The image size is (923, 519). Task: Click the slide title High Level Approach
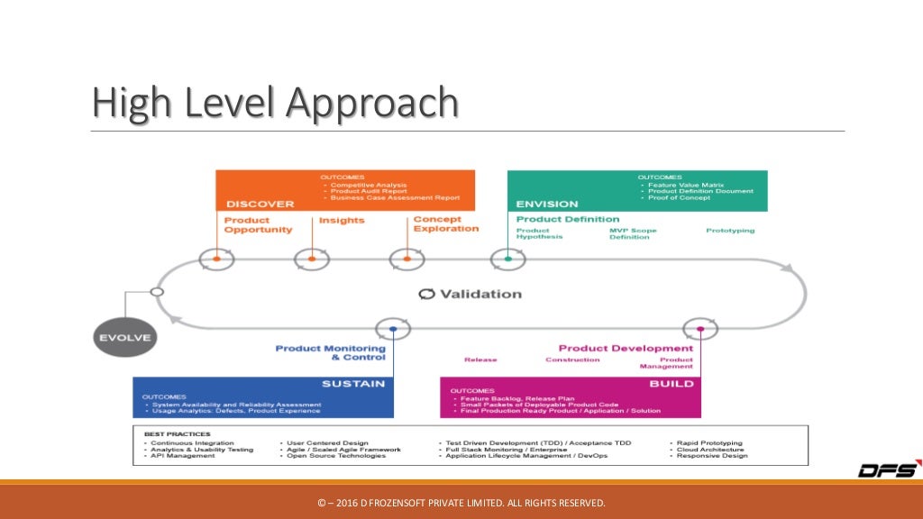coord(276,103)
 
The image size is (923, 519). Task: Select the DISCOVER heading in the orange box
coord(260,204)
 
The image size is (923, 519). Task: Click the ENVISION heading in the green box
coord(546,204)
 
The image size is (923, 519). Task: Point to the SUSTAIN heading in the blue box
coord(353,384)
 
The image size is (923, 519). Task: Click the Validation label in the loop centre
coord(470,294)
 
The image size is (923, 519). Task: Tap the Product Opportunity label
coord(258,224)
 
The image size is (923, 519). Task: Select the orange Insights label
coord(342,221)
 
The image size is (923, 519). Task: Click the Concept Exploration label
coord(445,224)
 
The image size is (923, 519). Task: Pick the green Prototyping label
coord(730,231)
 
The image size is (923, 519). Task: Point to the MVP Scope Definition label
coord(633,233)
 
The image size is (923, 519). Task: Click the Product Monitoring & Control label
coord(330,352)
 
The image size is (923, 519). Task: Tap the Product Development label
coord(626,348)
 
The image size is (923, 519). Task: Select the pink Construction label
coord(572,360)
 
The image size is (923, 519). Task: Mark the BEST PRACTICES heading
coord(171,433)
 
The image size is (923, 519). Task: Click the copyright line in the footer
coord(461,502)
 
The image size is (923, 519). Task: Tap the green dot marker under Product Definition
coord(508,259)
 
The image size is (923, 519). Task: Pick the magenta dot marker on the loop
coord(699,330)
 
